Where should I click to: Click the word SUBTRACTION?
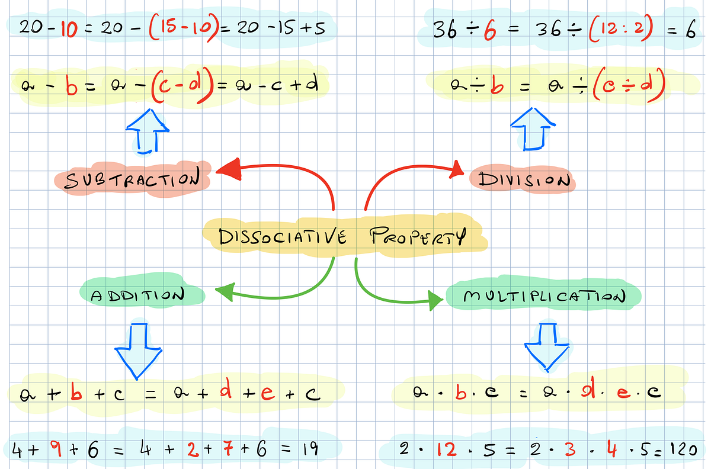(x=132, y=179)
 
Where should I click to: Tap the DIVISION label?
(x=524, y=180)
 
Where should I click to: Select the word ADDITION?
(x=137, y=295)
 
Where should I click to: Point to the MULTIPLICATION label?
(x=544, y=296)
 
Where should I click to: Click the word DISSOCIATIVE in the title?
(x=282, y=236)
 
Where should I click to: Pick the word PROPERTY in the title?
(x=418, y=236)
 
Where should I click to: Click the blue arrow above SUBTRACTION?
(x=147, y=131)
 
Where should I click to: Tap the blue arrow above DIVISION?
(x=533, y=129)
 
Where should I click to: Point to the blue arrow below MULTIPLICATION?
(x=546, y=347)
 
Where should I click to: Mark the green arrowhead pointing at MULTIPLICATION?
(x=435, y=300)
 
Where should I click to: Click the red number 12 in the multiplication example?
(x=447, y=449)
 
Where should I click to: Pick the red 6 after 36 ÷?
(x=490, y=30)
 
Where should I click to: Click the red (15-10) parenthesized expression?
(x=184, y=28)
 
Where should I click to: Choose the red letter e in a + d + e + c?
(x=268, y=393)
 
